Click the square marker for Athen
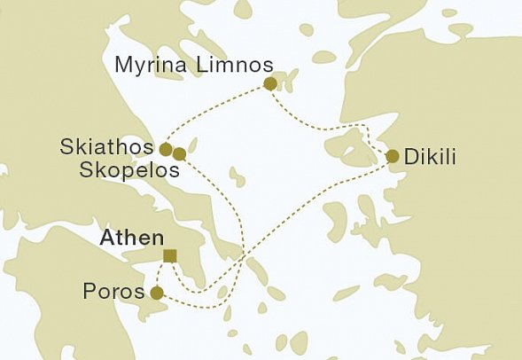[170, 257]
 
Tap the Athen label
[132, 238]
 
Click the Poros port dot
[157, 293]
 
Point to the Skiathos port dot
[166, 148]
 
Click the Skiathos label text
[105, 146]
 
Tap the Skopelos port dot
[179, 154]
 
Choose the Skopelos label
[128, 168]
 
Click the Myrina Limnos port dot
[270, 84]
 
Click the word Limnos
[238, 65]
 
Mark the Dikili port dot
[393, 157]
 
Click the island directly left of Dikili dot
[358, 153]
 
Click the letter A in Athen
[107, 238]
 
